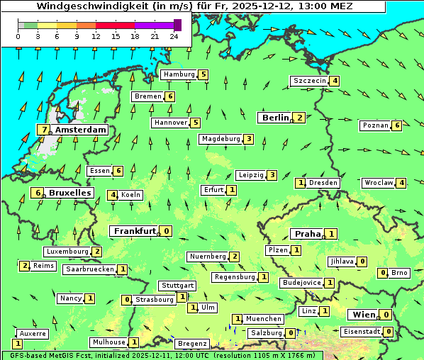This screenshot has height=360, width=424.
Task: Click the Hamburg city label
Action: [x=179, y=74]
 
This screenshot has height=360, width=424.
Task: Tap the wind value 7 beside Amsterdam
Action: [x=45, y=130]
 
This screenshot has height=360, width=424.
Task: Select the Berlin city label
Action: [x=276, y=118]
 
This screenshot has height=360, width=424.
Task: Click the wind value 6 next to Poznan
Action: [x=397, y=125]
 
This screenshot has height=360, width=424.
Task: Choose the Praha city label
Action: [x=308, y=234]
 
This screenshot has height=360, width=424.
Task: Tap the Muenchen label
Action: [x=263, y=319]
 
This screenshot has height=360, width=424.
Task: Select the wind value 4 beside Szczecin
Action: [x=334, y=81]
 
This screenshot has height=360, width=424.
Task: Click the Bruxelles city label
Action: [x=69, y=193]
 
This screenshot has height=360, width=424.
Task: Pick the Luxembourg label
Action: [x=67, y=252]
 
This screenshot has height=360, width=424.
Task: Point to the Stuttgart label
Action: [x=177, y=286]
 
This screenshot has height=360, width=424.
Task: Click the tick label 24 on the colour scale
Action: [x=174, y=36]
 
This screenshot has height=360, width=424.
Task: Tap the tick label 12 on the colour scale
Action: [x=96, y=36]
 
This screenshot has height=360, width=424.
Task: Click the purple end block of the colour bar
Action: [x=177, y=25]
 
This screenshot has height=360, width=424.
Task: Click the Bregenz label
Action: [x=191, y=344]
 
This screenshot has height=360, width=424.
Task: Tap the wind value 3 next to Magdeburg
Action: [x=248, y=139]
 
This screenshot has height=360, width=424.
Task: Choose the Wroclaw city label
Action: [x=378, y=183]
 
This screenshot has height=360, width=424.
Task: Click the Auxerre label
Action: [x=33, y=333]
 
